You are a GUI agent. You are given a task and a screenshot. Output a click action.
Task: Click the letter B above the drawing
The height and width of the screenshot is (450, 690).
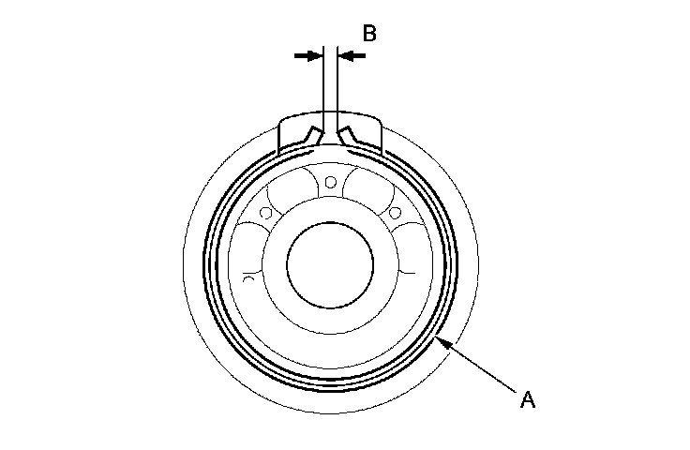click(369, 34)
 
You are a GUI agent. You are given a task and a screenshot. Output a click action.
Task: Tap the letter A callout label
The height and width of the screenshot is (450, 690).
click(528, 400)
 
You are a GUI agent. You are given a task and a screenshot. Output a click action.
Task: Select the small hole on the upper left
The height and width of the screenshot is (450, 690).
click(267, 214)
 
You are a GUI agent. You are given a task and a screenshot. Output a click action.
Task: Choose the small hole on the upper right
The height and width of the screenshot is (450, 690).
click(395, 210)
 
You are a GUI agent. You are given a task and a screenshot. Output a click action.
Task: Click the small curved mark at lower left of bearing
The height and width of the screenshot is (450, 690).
click(248, 277)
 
